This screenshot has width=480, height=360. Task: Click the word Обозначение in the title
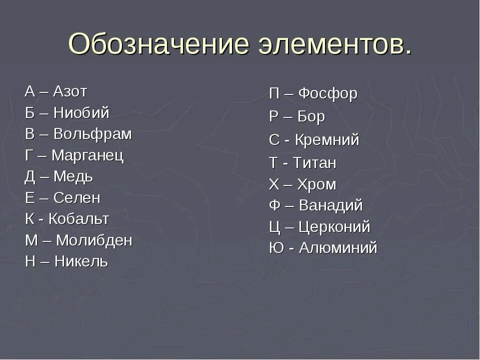[158, 44]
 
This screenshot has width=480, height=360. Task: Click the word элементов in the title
[335, 44]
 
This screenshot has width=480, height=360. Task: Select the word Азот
[70, 91]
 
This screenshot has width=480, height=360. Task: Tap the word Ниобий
[81, 113]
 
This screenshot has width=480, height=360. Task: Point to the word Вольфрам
[92, 134]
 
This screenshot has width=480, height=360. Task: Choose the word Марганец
[87, 155]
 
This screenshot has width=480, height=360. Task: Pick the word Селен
[77, 198]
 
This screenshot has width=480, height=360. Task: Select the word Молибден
[94, 240]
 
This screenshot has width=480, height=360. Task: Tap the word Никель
[81, 261]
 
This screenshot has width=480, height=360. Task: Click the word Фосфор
[327, 93]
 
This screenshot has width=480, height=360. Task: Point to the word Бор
[311, 116]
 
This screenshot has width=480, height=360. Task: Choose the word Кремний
[327, 140]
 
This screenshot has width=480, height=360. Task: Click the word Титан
[314, 163]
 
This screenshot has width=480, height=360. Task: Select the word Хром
[316, 184]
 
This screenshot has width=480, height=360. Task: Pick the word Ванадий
[330, 205]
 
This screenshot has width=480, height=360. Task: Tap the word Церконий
[334, 227]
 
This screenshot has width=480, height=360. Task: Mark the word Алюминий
[338, 248]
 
